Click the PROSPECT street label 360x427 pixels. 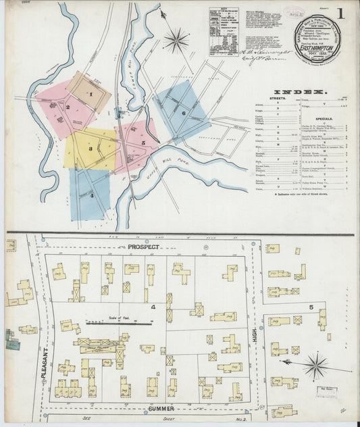coord(143,247)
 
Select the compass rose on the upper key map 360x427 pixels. coord(176,40)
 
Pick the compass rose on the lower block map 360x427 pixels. coord(315,367)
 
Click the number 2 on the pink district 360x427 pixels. coord(68,107)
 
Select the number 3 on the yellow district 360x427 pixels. coord(89,147)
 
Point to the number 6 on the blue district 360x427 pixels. coord(183,112)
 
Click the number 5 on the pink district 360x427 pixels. coord(143,143)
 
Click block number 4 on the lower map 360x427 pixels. coord(153,308)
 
